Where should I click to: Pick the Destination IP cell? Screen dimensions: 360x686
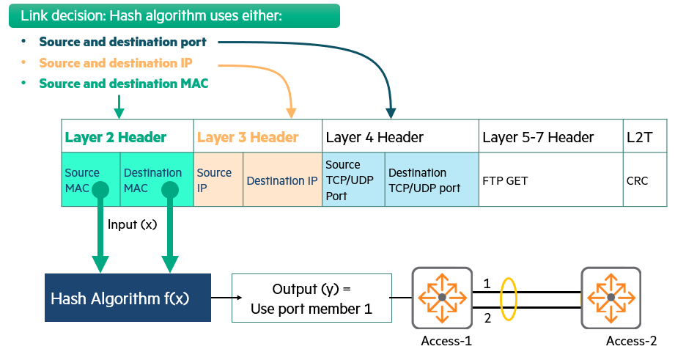[x=282, y=180]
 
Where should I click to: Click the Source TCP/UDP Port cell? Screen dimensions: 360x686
[x=353, y=180]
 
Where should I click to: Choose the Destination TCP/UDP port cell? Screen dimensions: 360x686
[x=431, y=180]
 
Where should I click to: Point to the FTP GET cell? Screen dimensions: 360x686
[x=550, y=180]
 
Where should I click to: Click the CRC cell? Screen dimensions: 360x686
[x=645, y=180]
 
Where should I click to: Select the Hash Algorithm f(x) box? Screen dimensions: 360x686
[x=128, y=298]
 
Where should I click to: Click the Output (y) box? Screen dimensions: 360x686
[x=311, y=298]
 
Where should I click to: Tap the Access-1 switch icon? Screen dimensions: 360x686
[x=442, y=298]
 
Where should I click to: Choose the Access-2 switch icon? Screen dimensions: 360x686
[x=611, y=298]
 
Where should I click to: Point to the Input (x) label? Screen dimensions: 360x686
[x=132, y=224]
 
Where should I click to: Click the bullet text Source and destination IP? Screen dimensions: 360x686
[x=116, y=63]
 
